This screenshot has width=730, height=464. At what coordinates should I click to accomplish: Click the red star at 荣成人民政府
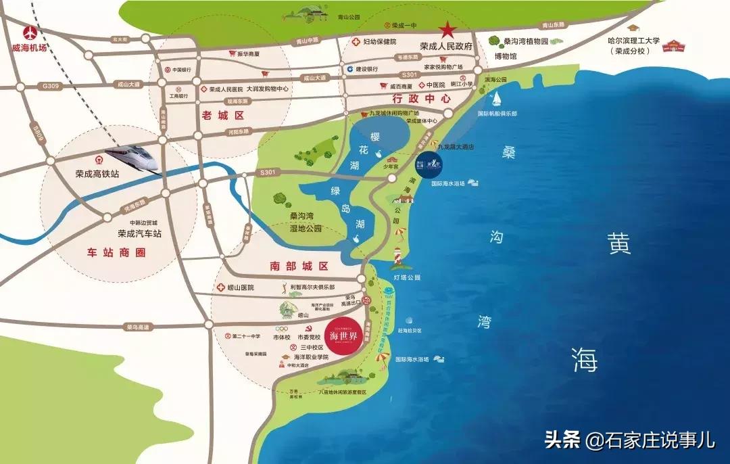(447, 30)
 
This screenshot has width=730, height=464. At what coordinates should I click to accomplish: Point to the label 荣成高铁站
(97, 173)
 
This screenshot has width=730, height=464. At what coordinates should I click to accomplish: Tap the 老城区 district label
(222, 116)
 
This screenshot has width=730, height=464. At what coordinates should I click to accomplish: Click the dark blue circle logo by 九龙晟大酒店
(429, 164)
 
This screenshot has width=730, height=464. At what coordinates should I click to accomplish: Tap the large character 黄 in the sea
(618, 243)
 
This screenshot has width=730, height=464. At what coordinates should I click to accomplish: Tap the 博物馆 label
(505, 57)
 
